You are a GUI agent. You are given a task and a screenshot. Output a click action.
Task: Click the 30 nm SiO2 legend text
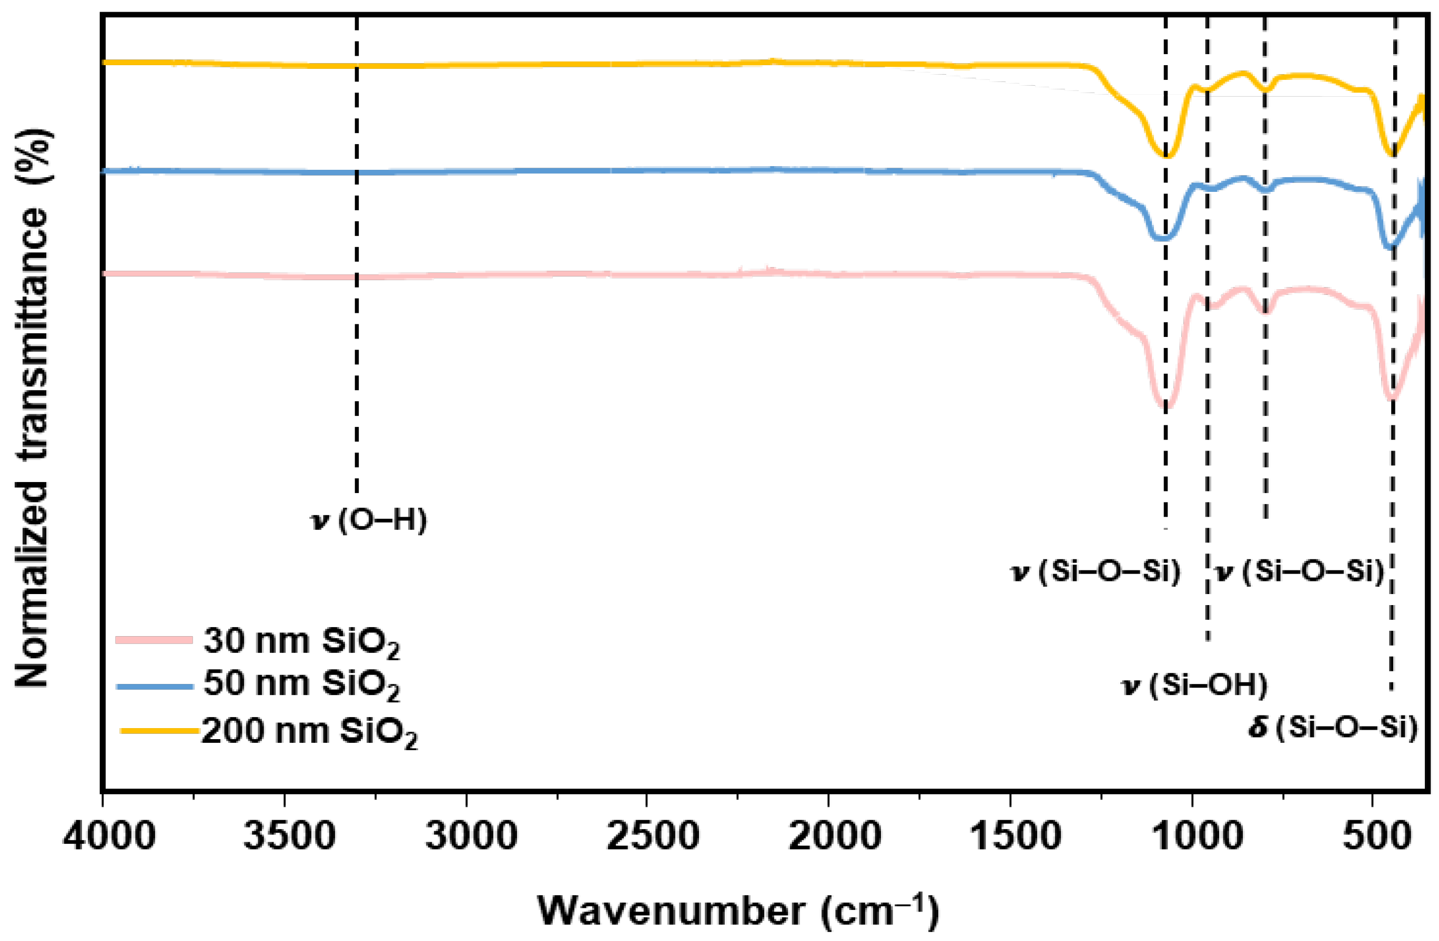301,641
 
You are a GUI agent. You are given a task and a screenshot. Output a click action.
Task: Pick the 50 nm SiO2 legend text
301,684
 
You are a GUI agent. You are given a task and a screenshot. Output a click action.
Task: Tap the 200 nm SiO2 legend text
309,732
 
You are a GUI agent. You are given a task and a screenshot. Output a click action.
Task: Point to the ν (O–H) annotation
368,520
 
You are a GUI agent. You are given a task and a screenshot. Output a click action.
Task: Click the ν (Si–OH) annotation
1194,686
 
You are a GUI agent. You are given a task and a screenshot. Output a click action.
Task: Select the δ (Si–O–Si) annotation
1333,727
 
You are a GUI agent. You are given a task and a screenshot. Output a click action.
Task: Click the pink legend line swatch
154,639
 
